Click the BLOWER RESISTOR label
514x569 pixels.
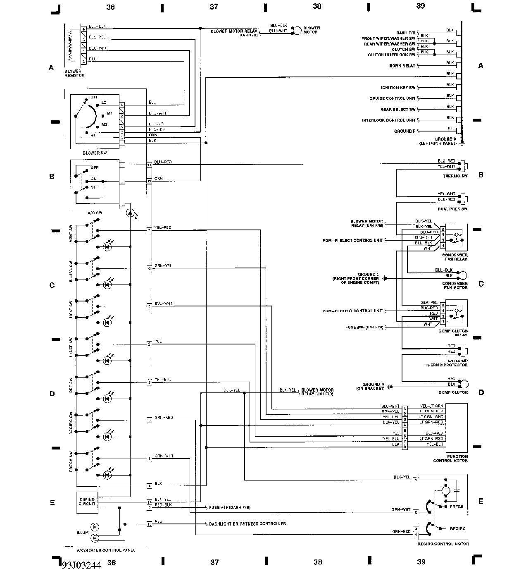coord(74,73)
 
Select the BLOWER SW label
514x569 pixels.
coord(95,153)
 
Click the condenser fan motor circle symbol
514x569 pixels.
coord(464,275)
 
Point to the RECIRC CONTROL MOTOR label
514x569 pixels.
coord(443,544)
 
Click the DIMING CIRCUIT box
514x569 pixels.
coord(87,502)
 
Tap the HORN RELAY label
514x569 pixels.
coord(402,66)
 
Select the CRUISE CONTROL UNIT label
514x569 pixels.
coord(392,98)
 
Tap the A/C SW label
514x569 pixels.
coord(95,213)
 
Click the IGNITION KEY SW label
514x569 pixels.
coord(398,88)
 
